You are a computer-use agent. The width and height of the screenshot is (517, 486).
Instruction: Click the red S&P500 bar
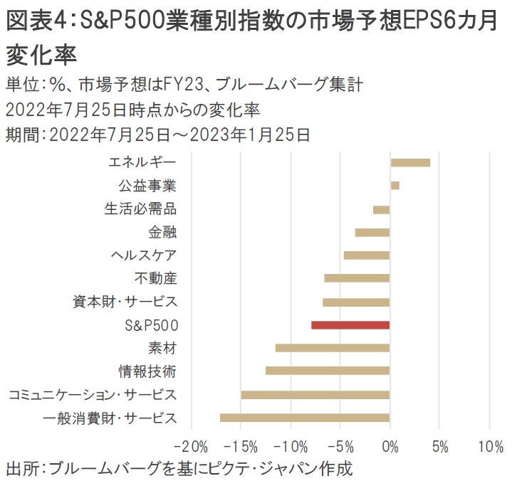point(350,325)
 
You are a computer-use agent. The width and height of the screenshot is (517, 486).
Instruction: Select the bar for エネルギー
point(410,163)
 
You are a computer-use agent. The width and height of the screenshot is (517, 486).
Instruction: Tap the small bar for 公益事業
point(395,186)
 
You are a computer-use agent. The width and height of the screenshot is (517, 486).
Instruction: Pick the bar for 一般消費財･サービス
point(305,418)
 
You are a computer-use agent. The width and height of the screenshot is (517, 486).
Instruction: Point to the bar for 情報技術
point(328,371)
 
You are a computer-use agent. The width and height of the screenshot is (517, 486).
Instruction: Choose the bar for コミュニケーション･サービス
point(315,394)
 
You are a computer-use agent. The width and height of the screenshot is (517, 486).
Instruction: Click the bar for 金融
point(372,232)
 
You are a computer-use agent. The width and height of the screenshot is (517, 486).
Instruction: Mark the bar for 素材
point(333,348)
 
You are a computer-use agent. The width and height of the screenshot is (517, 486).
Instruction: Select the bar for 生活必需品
point(381,209)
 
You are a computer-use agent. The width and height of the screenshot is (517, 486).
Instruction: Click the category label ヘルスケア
point(143,255)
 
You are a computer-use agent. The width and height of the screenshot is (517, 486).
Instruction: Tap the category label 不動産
point(155,278)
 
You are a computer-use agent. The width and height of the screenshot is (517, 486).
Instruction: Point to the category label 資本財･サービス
point(125,302)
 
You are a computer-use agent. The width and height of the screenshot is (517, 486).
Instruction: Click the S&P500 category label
point(150,325)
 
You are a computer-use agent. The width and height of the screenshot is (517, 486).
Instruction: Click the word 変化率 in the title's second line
point(42,54)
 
